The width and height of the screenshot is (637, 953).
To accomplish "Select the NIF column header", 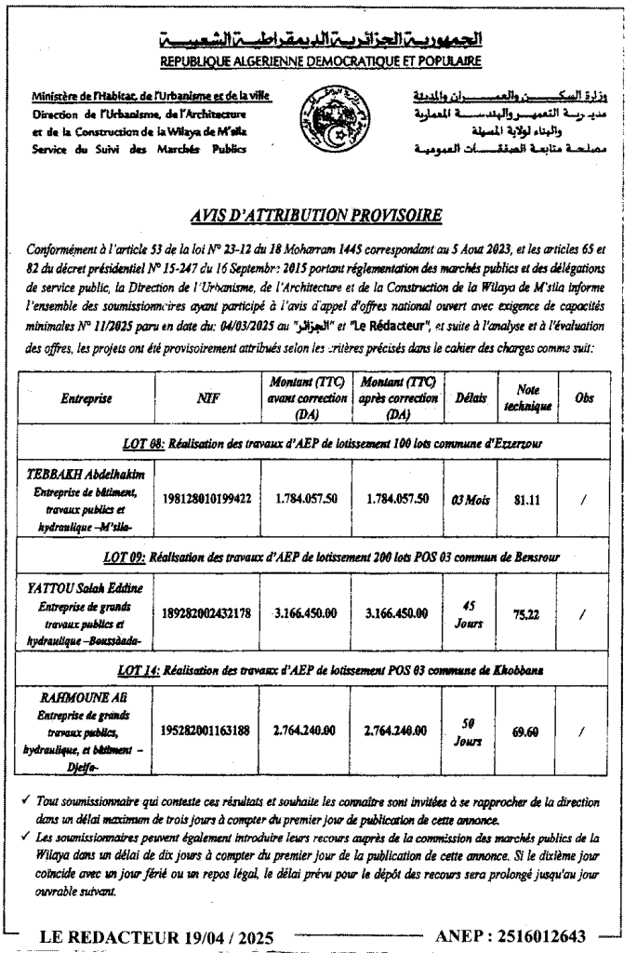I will tap(208, 398).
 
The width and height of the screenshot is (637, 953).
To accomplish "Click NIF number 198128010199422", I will tap(208, 499).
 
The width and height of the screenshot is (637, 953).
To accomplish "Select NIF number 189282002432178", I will tap(208, 612).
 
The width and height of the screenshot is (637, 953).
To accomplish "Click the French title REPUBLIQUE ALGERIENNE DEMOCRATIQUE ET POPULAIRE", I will tap(321, 61).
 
